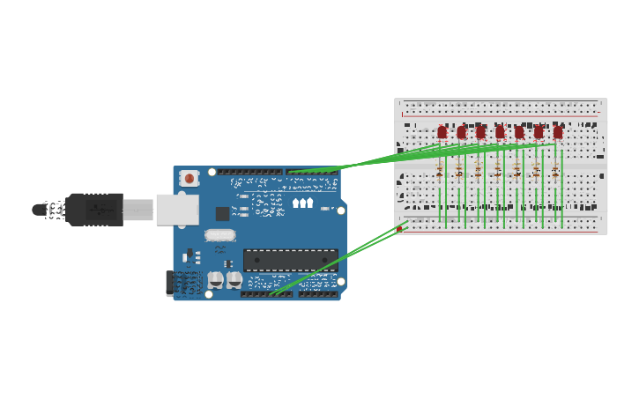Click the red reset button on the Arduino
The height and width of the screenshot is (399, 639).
189,179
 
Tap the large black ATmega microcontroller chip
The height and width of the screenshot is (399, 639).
290,260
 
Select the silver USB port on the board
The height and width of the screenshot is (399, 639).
176,210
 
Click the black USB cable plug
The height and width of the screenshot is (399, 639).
93,210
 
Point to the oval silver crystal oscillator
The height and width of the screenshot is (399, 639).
220,235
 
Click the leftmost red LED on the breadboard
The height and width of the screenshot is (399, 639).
442,133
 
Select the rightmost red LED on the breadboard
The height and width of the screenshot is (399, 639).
557,132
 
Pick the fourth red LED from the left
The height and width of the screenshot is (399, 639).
500,133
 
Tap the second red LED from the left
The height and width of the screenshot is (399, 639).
461,133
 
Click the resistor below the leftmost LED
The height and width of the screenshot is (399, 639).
439,170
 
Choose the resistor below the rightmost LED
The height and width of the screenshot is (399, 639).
554,170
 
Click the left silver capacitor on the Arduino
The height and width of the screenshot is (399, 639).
216,279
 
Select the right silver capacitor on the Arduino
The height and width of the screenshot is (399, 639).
234,279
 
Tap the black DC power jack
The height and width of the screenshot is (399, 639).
173,284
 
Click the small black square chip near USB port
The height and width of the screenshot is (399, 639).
222,213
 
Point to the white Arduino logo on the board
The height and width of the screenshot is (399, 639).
302,203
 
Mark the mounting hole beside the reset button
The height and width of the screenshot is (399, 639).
212,173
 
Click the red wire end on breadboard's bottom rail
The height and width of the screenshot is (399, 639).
399,229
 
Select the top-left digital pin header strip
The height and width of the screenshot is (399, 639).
250,173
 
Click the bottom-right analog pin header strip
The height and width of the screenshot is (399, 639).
317,293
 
